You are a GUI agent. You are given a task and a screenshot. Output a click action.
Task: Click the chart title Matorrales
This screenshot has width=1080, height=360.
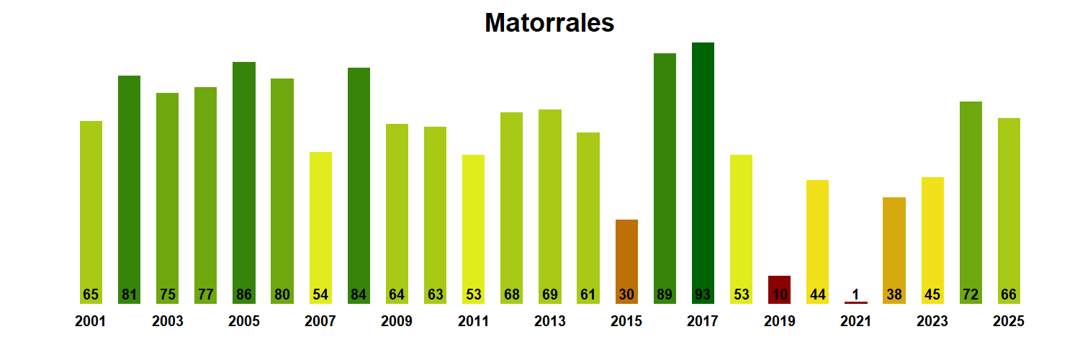pos(549,23)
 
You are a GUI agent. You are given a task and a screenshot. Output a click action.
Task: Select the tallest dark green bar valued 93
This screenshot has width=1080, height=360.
pos(703,173)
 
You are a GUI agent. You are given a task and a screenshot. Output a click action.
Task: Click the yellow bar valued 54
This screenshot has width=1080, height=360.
pos(320,228)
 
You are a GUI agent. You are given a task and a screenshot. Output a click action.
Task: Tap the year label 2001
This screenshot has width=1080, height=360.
pos(90,322)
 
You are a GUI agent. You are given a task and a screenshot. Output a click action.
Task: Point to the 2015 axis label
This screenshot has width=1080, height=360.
pos(626,322)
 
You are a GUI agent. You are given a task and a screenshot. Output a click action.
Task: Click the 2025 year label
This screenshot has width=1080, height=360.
pos(1008,322)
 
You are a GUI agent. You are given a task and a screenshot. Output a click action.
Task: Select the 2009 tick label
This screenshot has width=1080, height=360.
pos(397,322)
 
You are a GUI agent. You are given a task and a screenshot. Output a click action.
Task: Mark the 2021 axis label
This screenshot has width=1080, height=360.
pos(855,322)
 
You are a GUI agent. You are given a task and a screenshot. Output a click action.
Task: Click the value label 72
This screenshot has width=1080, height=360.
pos(971,294)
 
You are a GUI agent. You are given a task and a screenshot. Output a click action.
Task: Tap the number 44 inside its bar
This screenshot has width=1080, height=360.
pos(817,294)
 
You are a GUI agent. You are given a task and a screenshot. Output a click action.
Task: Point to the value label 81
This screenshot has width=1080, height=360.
pos(129,294)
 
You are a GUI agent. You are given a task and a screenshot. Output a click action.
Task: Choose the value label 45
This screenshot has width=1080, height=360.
pos(932,294)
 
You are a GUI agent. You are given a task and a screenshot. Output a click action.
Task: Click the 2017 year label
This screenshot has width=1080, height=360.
pos(703,322)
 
